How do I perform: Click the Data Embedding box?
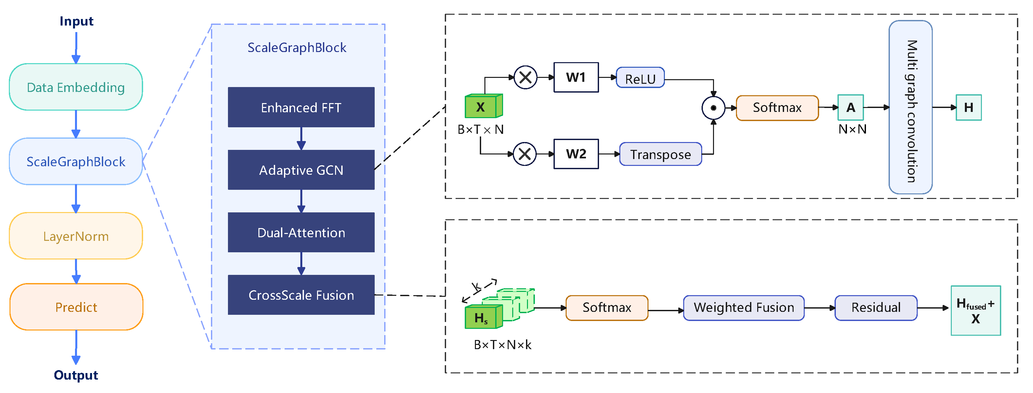click(76, 87)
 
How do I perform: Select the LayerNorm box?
click(76, 236)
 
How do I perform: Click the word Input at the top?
click(76, 21)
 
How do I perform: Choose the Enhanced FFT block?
click(301, 107)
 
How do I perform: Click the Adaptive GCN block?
click(301, 170)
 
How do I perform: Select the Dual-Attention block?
click(301, 232)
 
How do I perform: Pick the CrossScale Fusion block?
click(301, 295)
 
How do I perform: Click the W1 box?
click(576, 77)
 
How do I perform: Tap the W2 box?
click(576, 154)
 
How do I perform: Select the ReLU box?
click(640, 79)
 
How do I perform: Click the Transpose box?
click(661, 154)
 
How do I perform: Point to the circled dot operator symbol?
click(713, 108)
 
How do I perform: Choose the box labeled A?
click(851, 107)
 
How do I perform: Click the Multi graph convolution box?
click(910, 107)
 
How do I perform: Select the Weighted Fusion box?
click(744, 308)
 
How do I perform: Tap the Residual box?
click(876, 308)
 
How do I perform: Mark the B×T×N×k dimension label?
click(502, 345)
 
